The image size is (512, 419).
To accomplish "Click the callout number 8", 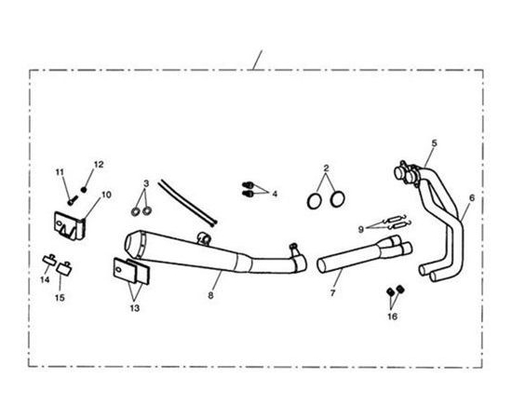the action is [210, 295].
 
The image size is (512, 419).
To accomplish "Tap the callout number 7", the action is [332, 293].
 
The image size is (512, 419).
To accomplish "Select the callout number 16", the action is [393, 317].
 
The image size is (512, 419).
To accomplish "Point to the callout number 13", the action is [135, 308].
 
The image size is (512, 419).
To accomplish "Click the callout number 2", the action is [326, 169].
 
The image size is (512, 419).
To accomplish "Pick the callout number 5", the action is [434, 142].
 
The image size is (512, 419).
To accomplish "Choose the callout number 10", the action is [106, 195].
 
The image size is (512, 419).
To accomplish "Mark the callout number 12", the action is [99, 164].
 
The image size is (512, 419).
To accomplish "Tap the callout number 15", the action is [60, 298].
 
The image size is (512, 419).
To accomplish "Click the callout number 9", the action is [361, 229].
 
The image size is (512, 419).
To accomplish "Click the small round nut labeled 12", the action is [84, 189].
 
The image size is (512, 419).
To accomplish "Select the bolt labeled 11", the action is [73, 200].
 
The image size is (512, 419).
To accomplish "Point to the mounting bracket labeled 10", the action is [69, 225].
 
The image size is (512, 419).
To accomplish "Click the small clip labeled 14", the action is [49, 260].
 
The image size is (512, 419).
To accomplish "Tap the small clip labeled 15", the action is [63, 268].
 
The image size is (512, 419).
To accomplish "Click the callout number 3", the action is [146, 183].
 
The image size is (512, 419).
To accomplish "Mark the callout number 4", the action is [275, 194].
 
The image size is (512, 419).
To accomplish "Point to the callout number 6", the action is [472, 197].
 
